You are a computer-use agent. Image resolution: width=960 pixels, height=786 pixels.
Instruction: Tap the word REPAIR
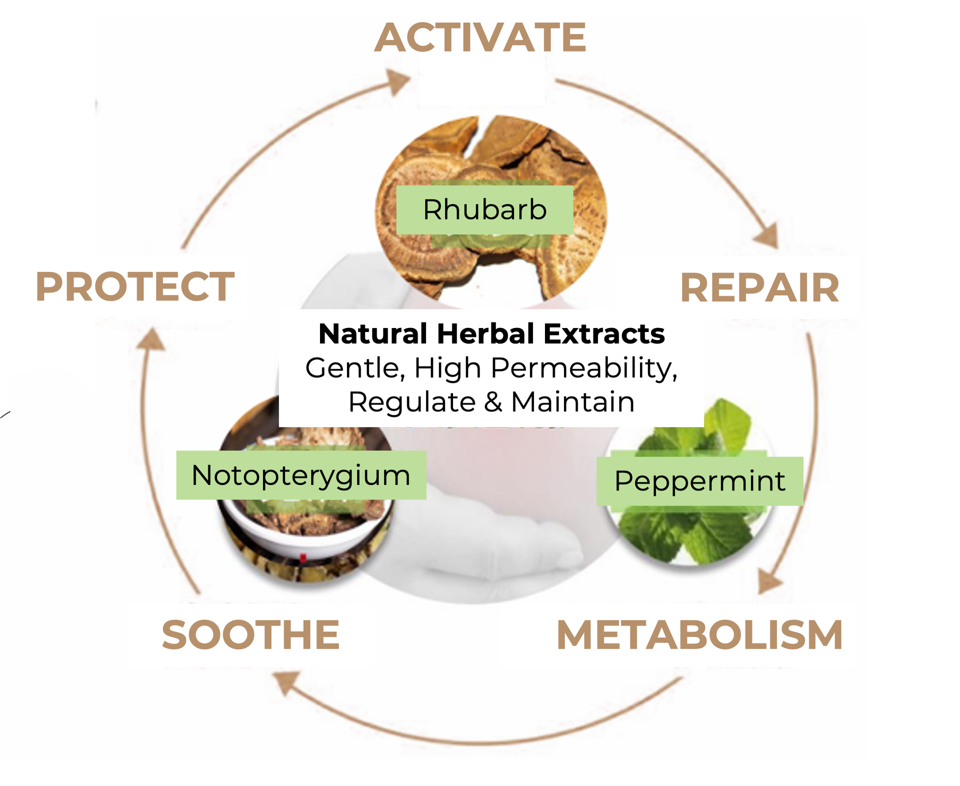[759, 288]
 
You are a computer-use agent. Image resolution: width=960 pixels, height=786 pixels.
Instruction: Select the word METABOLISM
[699, 635]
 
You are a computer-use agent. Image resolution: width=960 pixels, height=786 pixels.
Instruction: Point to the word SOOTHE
[250, 635]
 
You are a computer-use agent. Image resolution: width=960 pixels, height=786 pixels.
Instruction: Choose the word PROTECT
[135, 287]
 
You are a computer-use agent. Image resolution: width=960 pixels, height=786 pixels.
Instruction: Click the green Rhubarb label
[484, 209]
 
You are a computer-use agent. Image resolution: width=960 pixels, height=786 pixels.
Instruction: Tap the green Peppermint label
[699, 481]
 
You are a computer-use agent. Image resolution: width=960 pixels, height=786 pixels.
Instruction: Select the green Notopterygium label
[301, 475]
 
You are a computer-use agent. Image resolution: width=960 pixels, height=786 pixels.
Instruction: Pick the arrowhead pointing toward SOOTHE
[286, 682]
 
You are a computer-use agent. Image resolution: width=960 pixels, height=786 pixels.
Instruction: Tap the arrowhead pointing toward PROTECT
[151, 340]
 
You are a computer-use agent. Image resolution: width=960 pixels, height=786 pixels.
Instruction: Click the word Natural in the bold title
[372, 333]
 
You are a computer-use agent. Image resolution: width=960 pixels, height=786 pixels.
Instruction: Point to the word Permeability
[583, 368]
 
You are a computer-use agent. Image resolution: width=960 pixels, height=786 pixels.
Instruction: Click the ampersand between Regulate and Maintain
[493, 402]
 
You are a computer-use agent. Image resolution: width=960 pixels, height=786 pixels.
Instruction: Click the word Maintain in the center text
[573, 402]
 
